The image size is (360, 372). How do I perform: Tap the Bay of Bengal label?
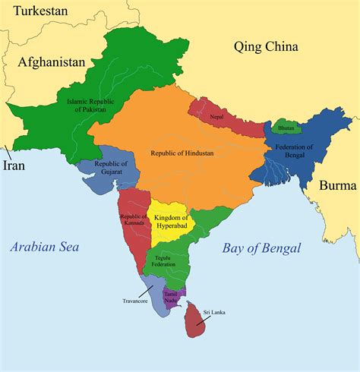pos(262,247)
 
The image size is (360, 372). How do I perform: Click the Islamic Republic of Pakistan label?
pos(89,103)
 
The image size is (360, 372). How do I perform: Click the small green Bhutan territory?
pos(286,125)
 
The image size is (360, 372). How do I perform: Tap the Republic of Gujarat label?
pos(111,169)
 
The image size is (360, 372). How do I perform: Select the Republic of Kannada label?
pos(134,221)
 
